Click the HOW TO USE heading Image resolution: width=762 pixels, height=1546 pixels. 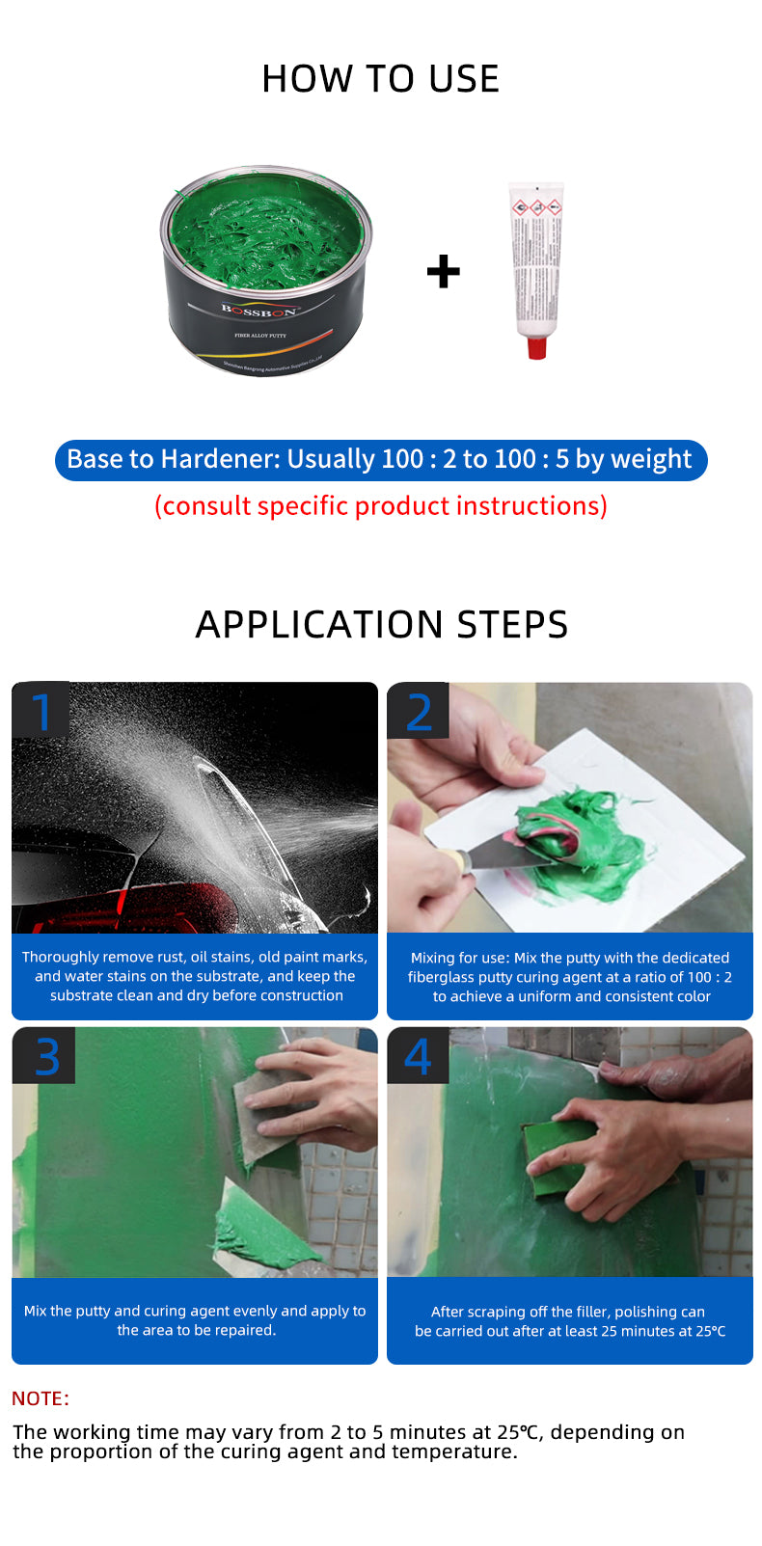click(x=380, y=79)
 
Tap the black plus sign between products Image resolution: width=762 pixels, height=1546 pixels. click(x=443, y=272)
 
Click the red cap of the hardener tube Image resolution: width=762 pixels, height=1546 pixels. click(x=537, y=346)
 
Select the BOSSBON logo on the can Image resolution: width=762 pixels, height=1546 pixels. click(x=259, y=311)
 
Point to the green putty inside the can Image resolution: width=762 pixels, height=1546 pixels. click(x=265, y=236)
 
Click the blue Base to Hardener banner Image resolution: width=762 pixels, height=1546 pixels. click(x=380, y=459)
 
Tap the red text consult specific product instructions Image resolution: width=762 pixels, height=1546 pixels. click(x=380, y=506)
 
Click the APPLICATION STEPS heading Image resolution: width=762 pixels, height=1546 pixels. click(x=381, y=625)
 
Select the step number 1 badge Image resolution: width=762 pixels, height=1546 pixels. click(x=41, y=712)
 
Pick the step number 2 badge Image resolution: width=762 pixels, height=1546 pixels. click(x=419, y=712)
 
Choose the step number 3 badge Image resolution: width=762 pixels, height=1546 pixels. click(x=44, y=1056)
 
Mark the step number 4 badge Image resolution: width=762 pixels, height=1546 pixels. click(x=419, y=1056)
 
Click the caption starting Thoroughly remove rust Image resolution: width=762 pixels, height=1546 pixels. click(x=195, y=976)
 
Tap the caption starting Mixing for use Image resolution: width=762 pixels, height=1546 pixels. click(x=570, y=977)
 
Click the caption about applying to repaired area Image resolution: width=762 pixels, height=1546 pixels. click(x=195, y=1320)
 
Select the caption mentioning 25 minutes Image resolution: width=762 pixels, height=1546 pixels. click(x=570, y=1321)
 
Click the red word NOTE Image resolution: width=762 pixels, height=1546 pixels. click(x=40, y=1398)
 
